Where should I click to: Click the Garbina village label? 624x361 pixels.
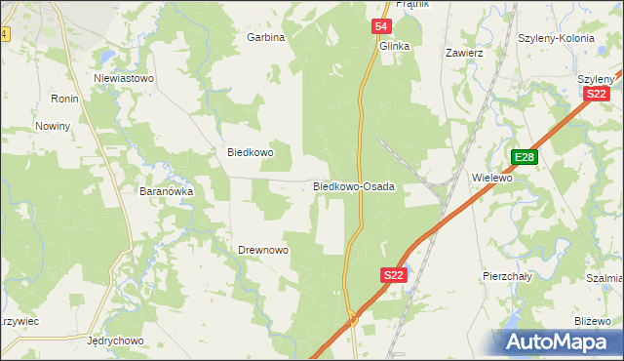pos(265,38)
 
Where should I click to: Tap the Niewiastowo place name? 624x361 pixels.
pos(124,78)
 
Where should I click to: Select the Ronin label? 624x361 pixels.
pos(64,100)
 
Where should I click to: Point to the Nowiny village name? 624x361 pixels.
pos(53,127)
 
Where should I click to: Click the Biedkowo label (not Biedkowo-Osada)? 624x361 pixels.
pos(251,153)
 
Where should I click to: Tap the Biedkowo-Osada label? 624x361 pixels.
pos(353,186)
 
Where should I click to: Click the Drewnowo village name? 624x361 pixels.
pos(263,251)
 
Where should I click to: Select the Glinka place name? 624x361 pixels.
pos(394,46)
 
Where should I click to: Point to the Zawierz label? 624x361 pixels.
pos(464,53)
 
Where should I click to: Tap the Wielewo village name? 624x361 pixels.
pos(491,179)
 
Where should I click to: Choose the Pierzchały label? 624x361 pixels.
pos(507,276)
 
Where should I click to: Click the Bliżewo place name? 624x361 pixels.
pos(592,321)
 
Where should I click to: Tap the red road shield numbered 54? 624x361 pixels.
pos(381,27)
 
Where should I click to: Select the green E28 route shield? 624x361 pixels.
pos(525,157)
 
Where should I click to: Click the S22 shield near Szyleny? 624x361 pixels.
pos(597,93)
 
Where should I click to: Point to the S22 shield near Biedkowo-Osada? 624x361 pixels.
pos(393,276)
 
